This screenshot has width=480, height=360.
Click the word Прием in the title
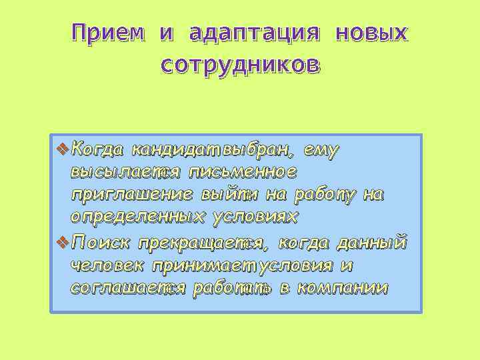[x=108, y=33]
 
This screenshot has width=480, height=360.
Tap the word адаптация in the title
[x=255, y=33]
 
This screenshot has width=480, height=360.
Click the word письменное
[x=243, y=172]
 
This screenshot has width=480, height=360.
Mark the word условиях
[x=256, y=218]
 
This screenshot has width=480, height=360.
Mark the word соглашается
[x=127, y=289]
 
